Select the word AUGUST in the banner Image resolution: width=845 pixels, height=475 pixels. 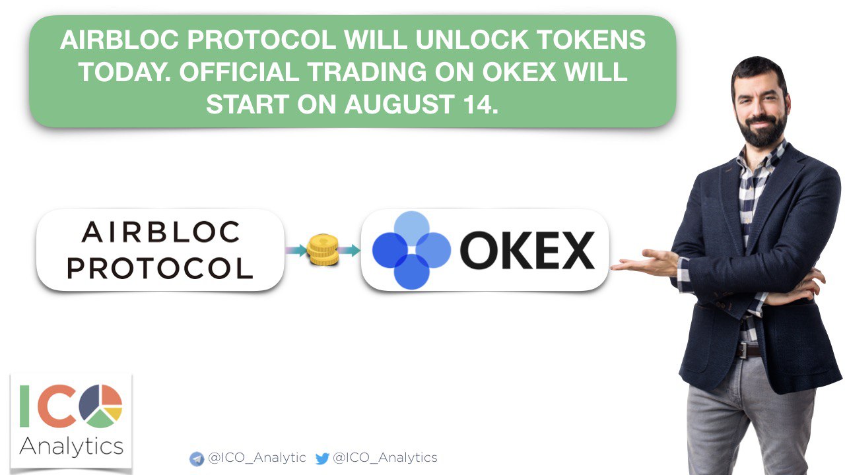(x=399, y=104)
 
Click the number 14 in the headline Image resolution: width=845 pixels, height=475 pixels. (x=477, y=104)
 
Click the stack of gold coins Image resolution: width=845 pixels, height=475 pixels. (x=323, y=249)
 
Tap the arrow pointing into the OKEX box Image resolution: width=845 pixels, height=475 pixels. (x=349, y=250)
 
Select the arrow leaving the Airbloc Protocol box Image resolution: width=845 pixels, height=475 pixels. (x=296, y=250)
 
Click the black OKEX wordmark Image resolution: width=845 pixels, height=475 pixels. (x=527, y=250)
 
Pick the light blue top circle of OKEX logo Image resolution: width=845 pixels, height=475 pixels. (x=411, y=229)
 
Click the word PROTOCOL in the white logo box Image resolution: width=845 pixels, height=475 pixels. (x=160, y=269)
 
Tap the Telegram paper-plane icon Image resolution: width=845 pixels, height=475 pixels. (x=197, y=459)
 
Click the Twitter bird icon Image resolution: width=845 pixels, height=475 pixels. (x=322, y=459)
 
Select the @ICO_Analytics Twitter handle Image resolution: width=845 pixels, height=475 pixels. (x=385, y=458)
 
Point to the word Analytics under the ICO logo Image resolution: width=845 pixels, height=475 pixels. (x=71, y=447)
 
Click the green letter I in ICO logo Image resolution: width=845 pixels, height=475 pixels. (x=24, y=406)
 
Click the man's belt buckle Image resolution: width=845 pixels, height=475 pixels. (x=742, y=350)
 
